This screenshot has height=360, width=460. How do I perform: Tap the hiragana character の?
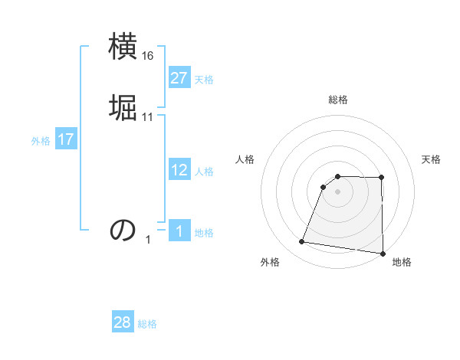123,229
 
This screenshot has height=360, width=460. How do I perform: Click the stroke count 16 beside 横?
148,56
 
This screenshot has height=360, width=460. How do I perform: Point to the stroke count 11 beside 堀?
148,116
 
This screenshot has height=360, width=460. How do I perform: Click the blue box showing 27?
179,78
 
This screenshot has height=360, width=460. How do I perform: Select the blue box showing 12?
179,170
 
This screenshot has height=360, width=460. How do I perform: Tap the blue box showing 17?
65,139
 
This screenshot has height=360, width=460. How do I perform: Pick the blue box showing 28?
123,322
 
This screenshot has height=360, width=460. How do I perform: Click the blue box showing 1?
179,231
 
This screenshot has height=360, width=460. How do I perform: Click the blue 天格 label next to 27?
204,80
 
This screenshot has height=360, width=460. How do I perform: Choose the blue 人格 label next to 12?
204,172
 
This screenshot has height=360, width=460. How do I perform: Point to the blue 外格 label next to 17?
41,141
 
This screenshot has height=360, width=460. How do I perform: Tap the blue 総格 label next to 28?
147,324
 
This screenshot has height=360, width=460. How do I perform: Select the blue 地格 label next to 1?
204,233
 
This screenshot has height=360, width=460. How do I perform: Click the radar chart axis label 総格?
338,100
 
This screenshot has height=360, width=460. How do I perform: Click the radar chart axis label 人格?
245,159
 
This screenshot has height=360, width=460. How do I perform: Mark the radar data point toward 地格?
383,254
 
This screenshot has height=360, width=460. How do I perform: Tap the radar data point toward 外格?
302,242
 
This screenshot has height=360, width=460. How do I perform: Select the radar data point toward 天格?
382,178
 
